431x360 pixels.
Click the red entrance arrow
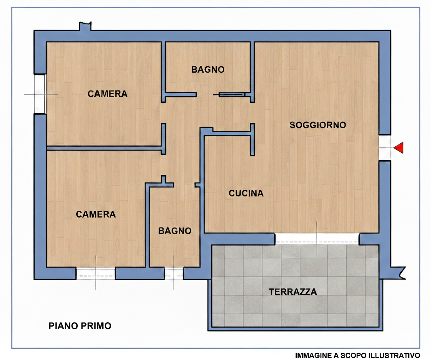pos(399,147)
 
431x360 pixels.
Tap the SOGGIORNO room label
pos(318,125)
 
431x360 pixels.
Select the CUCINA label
pos(246,193)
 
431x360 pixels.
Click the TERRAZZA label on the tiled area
pos(293,292)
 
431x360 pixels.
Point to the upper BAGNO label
pos(208,70)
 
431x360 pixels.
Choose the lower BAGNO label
pos(175,231)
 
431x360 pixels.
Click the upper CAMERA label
pos(107,94)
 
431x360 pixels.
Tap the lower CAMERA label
pos(96,214)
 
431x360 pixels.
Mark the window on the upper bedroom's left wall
pos(40,94)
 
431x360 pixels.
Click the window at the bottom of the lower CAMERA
pos(96,273)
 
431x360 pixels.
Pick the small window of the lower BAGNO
pos(174,273)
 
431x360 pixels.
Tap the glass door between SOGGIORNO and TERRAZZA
pos(317,239)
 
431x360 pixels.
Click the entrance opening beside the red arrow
pos(385,147)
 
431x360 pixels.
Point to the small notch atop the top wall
pos(85,26)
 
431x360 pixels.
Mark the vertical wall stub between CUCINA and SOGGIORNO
pos(252,139)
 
